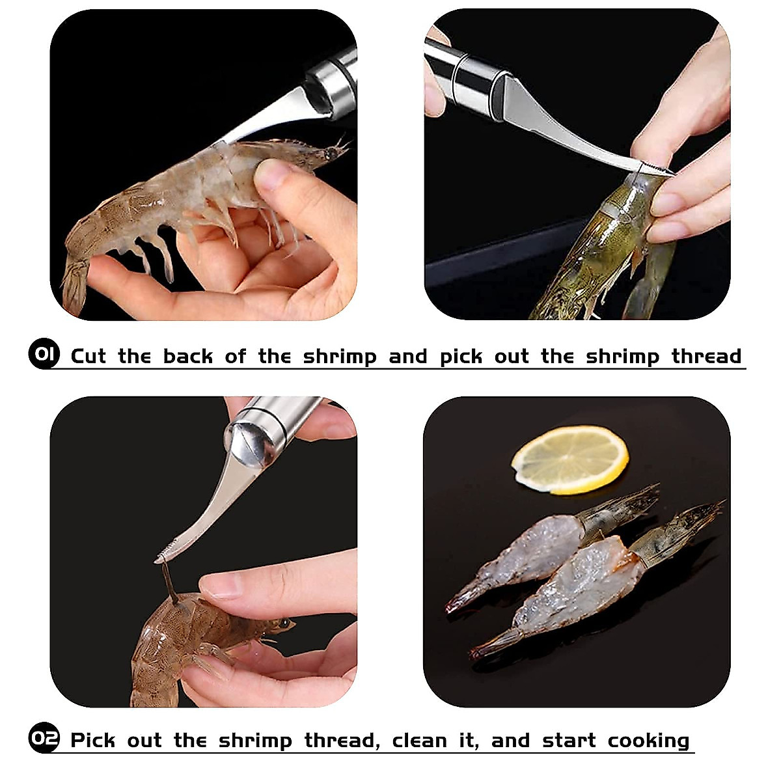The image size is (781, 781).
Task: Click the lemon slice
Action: point(569,459)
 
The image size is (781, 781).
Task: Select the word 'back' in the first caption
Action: point(187,356)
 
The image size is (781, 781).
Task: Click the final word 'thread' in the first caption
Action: point(706,356)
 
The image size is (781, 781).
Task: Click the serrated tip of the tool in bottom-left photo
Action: point(165,555)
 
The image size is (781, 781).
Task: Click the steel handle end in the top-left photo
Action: point(335,85)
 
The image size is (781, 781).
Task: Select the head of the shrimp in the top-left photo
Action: point(312,153)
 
